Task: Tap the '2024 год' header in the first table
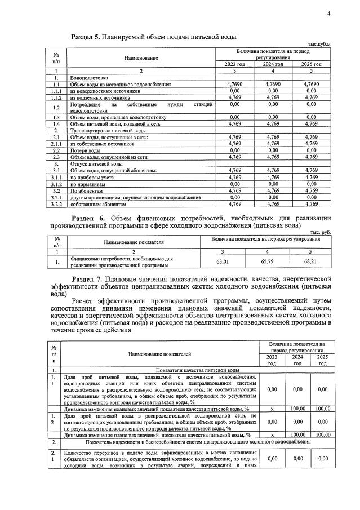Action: (273, 64)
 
